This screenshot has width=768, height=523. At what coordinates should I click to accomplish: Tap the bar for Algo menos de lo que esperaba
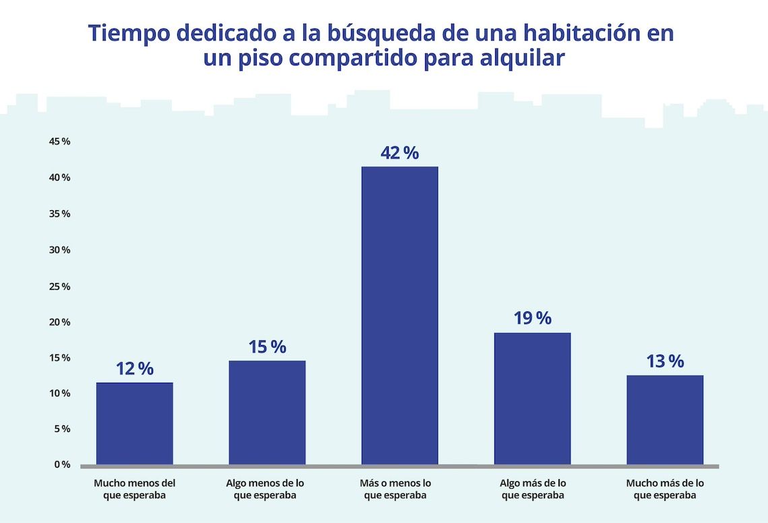(x=267, y=412)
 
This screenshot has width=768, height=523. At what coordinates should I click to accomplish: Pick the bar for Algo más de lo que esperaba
(x=532, y=398)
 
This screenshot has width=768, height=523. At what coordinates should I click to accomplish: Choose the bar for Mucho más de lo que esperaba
(x=665, y=420)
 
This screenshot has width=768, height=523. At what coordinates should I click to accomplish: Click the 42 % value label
(x=399, y=153)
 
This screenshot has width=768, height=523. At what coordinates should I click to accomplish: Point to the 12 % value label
(x=134, y=369)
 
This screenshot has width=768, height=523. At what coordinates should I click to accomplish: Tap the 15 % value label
(x=267, y=347)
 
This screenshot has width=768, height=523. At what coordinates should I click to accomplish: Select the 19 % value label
(x=532, y=318)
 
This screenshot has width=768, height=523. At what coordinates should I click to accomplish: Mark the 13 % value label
(x=665, y=361)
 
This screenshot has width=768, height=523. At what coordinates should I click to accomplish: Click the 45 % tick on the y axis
(x=59, y=142)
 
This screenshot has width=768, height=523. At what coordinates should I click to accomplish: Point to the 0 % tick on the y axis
(x=62, y=464)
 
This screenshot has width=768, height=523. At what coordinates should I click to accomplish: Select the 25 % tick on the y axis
(x=59, y=286)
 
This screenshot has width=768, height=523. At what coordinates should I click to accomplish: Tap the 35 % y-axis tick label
(x=59, y=214)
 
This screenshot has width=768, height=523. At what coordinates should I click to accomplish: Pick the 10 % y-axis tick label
(x=59, y=393)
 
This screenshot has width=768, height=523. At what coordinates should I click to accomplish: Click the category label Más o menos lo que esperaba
(x=395, y=489)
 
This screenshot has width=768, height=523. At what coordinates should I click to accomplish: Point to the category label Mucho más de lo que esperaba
(x=665, y=489)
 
